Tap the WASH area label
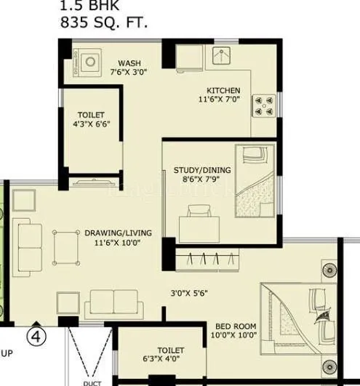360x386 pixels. (129, 63)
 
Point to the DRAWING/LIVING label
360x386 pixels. (118, 233)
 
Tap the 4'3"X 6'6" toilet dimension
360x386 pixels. (92, 125)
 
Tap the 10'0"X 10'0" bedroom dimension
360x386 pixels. (234, 337)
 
